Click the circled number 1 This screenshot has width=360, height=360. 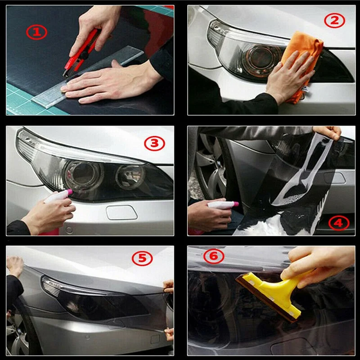(x=36, y=32)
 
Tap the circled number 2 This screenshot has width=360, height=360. (x=334, y=20)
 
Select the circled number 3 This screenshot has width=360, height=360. (x=154, y=144)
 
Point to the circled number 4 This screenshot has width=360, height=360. (x=339, y=223)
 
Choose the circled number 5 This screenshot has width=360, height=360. (x=142, y=258)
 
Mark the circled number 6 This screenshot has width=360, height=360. (x=214, y=256)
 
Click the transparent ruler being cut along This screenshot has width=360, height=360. (x=87, y=77)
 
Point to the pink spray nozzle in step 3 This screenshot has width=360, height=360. (x=69, y=192)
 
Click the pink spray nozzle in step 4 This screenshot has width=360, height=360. (x=235, y=204)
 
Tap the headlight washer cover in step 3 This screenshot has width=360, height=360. (x=121, y=212)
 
